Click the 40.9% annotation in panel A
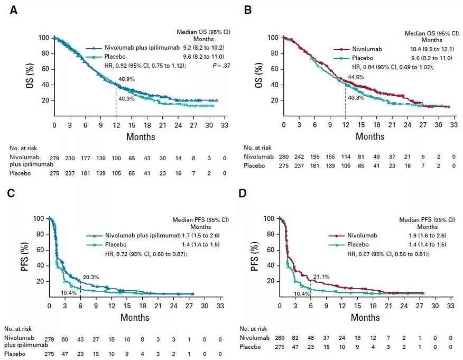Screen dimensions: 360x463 [x=126, y=80]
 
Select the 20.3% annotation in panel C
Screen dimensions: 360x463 [x=90, y=276]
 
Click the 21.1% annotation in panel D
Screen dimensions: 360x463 [x=321, y=276]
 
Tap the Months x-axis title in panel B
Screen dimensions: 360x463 [x=369, y=137]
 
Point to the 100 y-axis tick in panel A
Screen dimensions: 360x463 [x=44, y=38]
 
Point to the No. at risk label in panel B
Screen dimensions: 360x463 [x=260, y=147]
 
